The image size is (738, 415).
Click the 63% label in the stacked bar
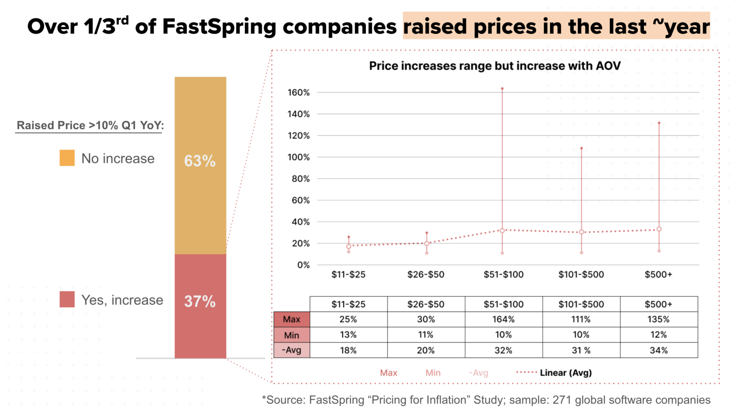[200, 161]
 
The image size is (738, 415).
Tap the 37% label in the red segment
[200, 301]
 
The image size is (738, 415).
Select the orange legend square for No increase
[67, 158]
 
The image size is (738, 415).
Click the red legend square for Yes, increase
[67, 299]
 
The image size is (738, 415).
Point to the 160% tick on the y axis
[299, 92]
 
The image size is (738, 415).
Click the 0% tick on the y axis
[304, 265]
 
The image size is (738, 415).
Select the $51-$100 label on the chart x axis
[504, 274]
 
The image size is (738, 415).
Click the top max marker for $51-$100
[502, 89]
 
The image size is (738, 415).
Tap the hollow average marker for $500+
[659, 229]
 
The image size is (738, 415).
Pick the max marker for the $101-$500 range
[582, 148]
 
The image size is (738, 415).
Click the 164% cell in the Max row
[504, 319]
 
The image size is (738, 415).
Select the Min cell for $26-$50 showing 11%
[425, 334]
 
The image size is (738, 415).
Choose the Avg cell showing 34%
[659, 350]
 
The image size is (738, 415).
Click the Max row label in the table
[291, 319]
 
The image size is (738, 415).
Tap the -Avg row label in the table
[291, 350]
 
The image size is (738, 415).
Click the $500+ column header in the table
[659, 304]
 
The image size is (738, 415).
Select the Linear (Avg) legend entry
[565, 372]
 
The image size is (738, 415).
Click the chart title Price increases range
[495, 66]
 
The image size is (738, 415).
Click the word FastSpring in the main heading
[219, 26]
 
